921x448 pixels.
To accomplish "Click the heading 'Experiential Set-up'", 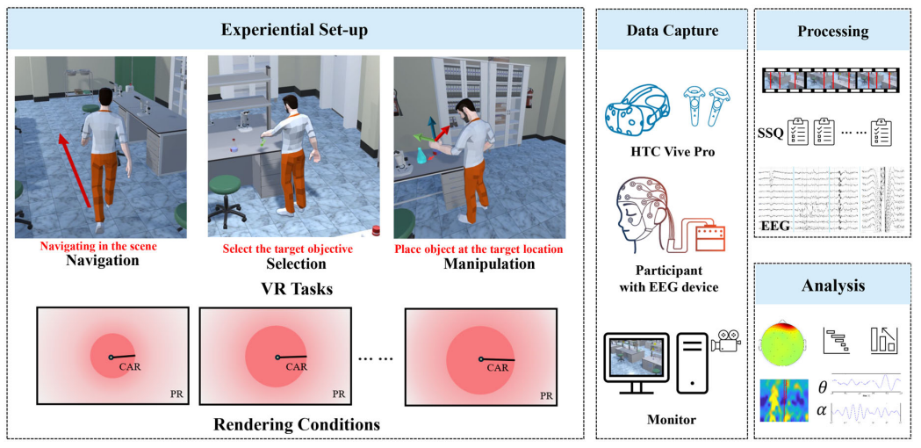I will [294, 31].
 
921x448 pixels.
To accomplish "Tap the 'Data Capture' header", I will [673, 31].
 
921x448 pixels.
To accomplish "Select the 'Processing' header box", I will [832, 32].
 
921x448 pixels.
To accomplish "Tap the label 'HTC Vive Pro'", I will [673, 152].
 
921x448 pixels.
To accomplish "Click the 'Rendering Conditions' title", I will [297, 425].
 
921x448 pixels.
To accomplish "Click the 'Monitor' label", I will [673, 420].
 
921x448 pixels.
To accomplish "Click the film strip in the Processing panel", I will [832, 81].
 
